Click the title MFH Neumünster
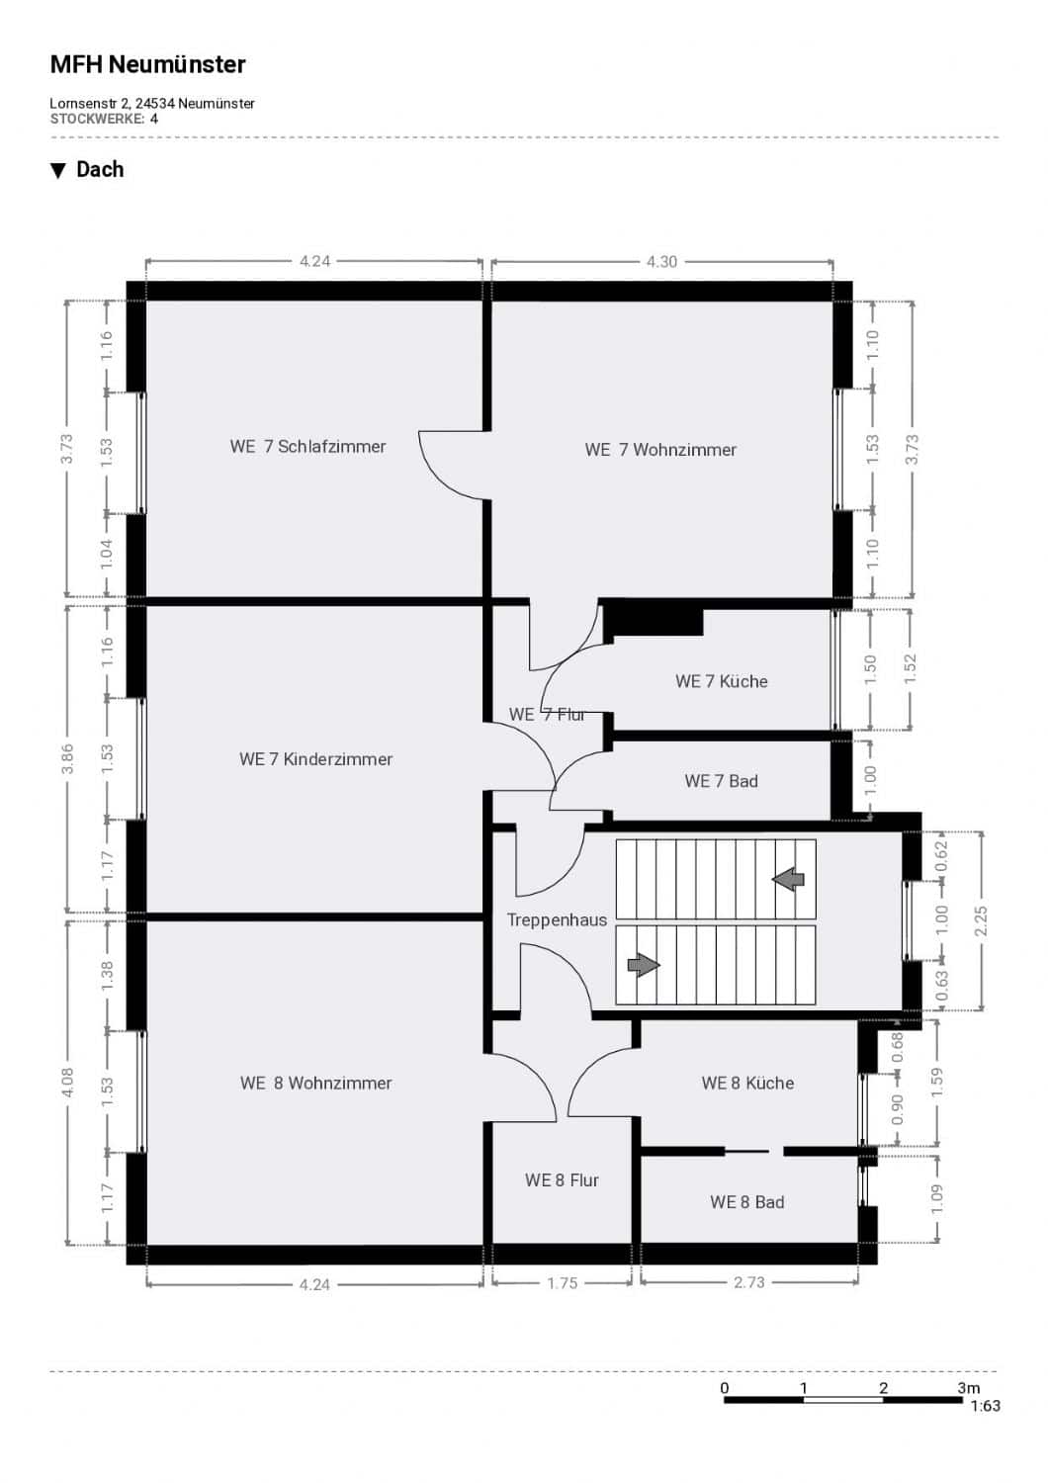(x=147, y=64)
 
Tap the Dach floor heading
(x=100, y=169)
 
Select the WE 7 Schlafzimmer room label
(x=307, y=446)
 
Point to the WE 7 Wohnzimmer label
(x=660, y=450)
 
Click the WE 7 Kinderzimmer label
(x=315, y=758)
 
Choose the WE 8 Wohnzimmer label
(x=315, y=1084)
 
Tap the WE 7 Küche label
(x=722, y=681)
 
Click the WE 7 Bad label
(x=721, y=781)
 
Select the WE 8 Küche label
(x=748, y=1084)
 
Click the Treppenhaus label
(x=557, y=920)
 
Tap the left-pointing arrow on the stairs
(x=789, y=880)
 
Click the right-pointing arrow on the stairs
(x=644, y=965)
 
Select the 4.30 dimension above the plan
(x=662, y=262)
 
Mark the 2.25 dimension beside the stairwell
(x=981, y=920)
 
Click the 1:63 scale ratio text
(x=985, y=1406)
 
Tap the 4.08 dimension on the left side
(x=67, y=1082)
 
